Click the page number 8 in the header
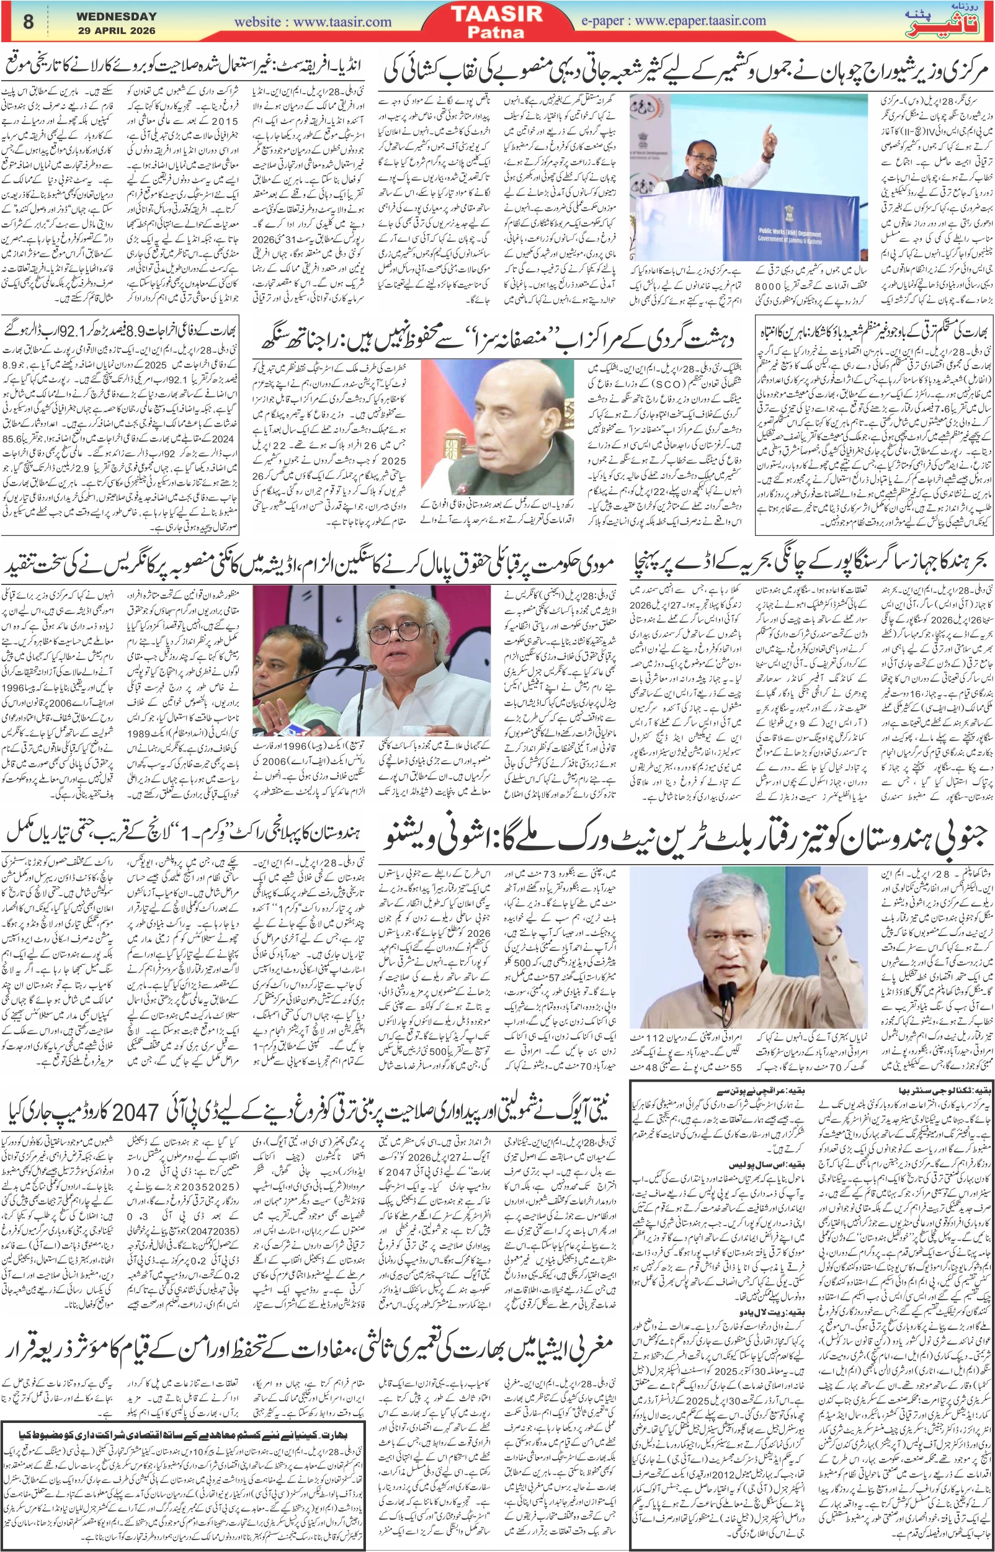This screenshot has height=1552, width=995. pos(28,21)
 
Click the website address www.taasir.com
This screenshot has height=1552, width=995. pos(313,21)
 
